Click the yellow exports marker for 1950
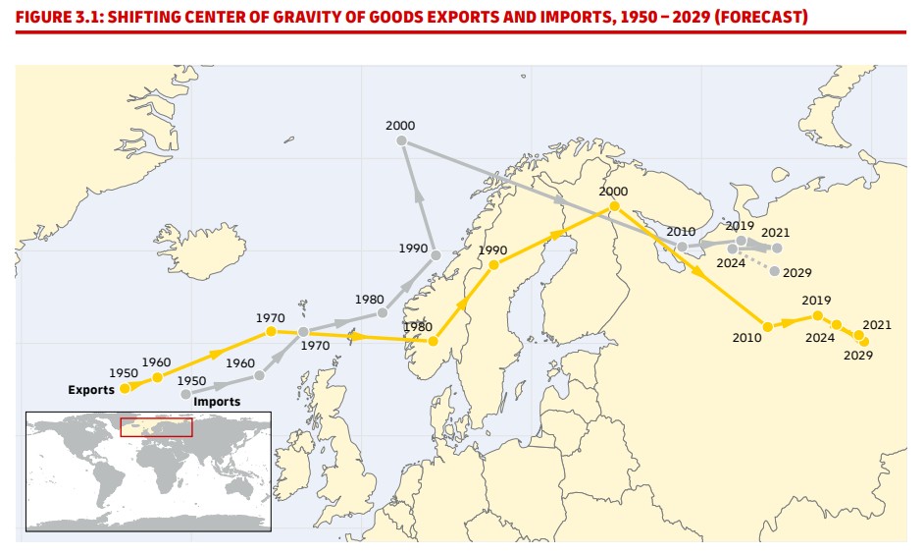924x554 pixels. tap(125, 389)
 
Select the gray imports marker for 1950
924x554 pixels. tap(186, 394)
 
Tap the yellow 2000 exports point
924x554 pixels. tap(614, 206)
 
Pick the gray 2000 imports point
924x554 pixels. tap(401, 140)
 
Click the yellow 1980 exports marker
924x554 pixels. tap(433, 342)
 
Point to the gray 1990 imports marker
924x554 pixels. tap(435, 255)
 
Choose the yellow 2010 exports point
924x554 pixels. tap(768, 326)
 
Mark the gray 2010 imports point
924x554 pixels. tap(683, 247)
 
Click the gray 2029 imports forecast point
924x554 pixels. tap(775, 271)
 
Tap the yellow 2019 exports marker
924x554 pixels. tap(817, 315)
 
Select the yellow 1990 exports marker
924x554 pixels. tap(493, 264)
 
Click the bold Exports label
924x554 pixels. tap(91, 390)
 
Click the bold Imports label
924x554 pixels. tap(217, 402)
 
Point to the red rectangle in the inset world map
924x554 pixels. tap(156, 427)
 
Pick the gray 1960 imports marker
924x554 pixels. tap(259, 375)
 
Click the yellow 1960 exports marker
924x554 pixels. tap(157, 377)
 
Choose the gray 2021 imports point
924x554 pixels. tap(777, 248)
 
